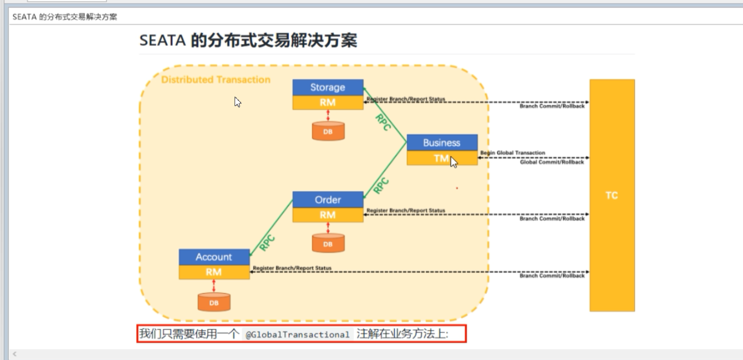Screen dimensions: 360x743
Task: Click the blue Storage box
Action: click(x=328, y=87)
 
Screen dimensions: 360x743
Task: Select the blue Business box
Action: click(x=441, y=142)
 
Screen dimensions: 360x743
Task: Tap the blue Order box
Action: click(x=328, y=200)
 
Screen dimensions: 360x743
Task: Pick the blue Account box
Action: click(x=214, y=257)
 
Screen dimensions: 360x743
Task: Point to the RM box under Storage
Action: click(x=328, y=102)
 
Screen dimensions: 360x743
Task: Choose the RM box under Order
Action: click(x=328, y=215)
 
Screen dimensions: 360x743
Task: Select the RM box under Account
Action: click(x=214, y=272)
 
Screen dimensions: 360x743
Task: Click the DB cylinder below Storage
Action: click(x=328, y=131)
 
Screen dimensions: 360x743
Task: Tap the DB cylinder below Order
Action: click(x=328, y=244)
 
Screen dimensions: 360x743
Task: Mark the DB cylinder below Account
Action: click(x=214, y=302)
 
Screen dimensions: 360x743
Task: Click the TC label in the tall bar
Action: click(x=611, y=196)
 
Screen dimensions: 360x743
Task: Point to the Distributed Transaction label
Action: click(x=216, y=80)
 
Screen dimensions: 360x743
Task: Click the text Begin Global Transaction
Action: click(x=512, y=153)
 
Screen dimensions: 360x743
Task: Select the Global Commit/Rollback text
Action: click(x=552, y=162)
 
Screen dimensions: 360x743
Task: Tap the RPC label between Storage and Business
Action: click(x=383, y=122)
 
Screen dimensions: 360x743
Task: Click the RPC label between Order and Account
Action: click(x=267, y=243)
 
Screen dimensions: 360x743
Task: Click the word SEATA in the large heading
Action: click(x=162, y=40)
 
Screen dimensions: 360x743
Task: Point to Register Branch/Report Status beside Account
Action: click(x=292, y=268)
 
